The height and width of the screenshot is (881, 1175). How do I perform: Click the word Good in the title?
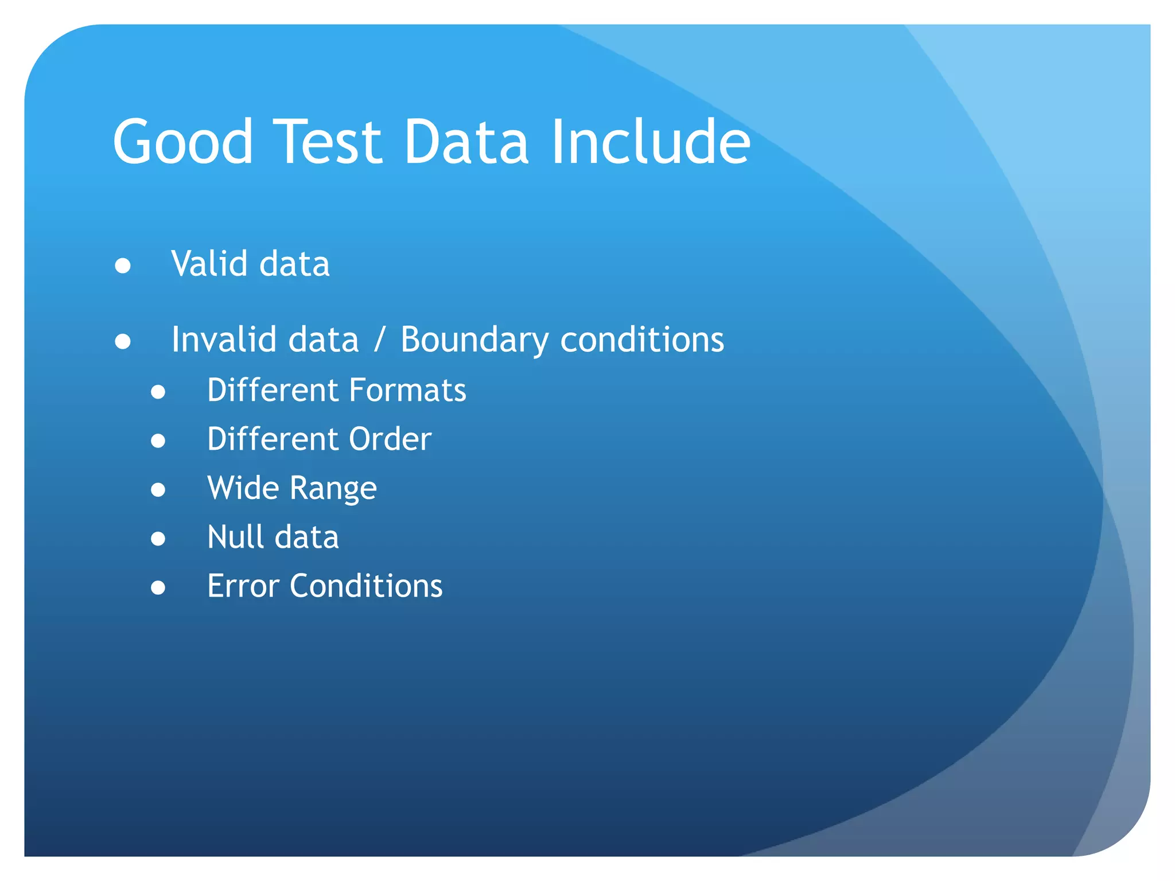(x=182, y=142)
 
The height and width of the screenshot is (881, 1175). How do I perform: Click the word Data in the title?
(x=465, y=142)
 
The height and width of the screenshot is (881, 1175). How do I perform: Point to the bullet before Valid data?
(x=123, y=266)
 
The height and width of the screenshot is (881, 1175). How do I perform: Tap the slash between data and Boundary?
(x=379, y=340)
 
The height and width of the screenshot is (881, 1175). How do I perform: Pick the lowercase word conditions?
(x=642, y=340)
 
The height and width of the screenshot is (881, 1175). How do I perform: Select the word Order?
(x=390, y=439)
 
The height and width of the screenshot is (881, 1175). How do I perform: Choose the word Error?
(x=243, y=586)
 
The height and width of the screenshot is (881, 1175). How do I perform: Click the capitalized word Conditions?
(x=366, y=586)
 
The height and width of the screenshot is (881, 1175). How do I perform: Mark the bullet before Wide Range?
(x=158, y=490)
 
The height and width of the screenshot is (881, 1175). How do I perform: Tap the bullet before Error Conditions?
(x=158, y=588)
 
